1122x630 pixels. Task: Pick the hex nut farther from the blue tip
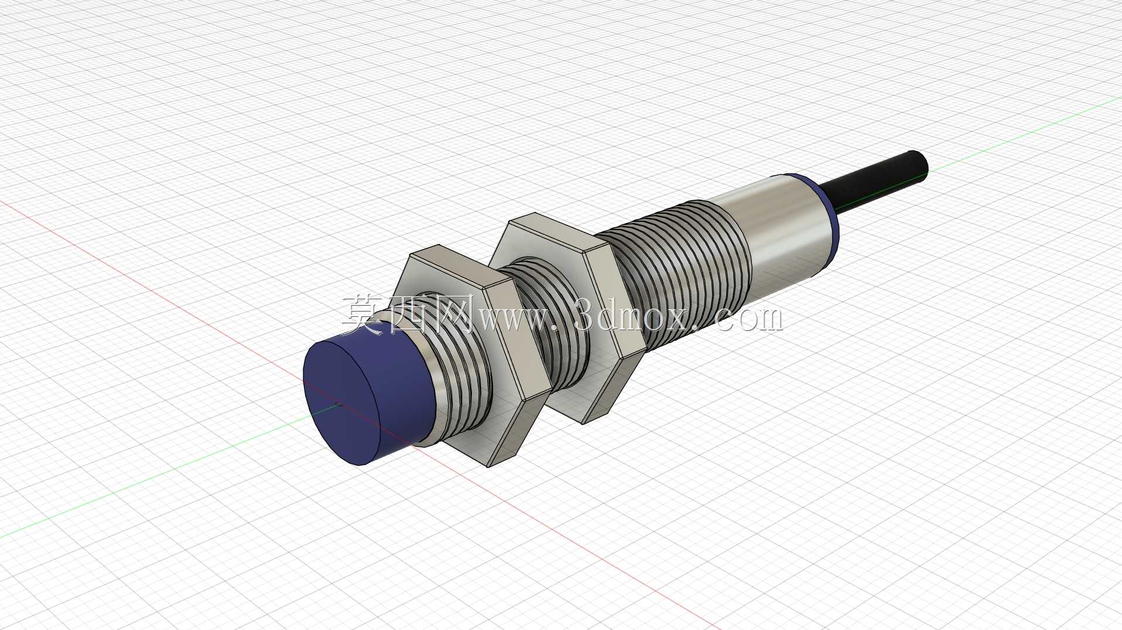[568, 316]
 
